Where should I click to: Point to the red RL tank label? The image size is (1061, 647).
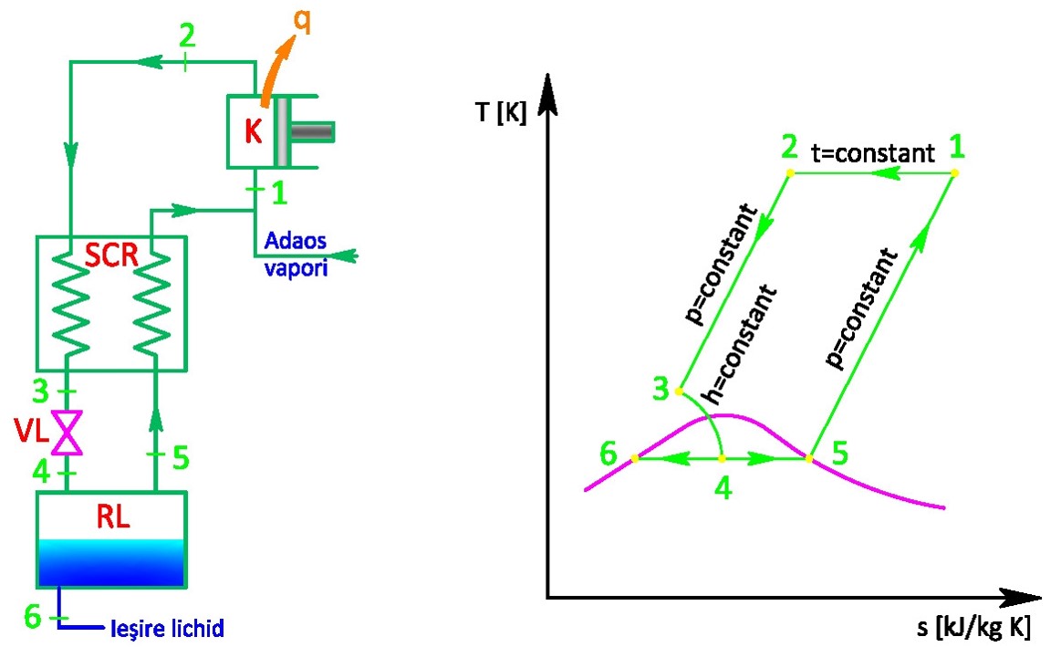(x=113, y=518)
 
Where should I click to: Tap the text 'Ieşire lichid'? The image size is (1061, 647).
(x=166, y=629)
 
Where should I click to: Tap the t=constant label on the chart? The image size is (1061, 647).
(x=873, y=152)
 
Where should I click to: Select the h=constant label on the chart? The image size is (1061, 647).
(x=741, y=345)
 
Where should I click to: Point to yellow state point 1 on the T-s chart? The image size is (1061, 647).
(x=954, y=172)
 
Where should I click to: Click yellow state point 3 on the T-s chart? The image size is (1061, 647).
(x=679, y=391)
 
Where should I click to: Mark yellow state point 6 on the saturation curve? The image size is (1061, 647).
(x=634, y=457)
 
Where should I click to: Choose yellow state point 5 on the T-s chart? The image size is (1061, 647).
(x=809, y=457)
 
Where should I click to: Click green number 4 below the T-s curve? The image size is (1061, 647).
(x=723, y=488)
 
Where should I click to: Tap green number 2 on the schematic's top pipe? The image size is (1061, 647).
(x=186, y=37)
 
